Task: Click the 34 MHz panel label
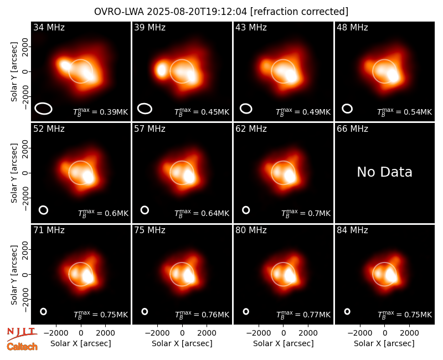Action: click(49, 27)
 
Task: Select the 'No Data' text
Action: click(384, 172)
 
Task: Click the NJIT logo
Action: click(22, 334)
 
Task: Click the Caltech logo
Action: click(22, 347)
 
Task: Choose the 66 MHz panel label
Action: click(352, 129)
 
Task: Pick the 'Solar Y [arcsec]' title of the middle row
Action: click(14, 173)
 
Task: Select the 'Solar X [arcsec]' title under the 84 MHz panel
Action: click(384, 343)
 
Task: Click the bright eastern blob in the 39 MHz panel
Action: click(161, 70)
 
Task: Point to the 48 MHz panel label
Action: click(352, 27)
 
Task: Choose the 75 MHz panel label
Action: click(150, 230)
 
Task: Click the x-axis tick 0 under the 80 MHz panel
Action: click(284, 333)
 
